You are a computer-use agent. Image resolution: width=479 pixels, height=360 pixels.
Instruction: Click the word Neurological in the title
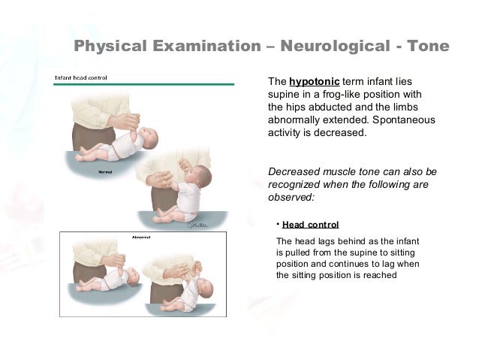(x=335, y=47)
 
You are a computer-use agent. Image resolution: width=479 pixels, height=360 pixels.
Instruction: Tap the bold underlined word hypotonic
(x=315, y=81)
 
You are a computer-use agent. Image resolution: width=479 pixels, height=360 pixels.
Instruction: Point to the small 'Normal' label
(x=106, y=171)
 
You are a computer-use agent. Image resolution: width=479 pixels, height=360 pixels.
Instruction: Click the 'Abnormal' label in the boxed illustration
(x=141, y=237)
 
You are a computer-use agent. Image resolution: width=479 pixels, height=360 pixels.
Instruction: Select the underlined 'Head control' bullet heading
(x=310, y=225)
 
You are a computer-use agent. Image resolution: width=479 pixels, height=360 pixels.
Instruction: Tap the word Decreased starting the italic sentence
(x=295, y=171)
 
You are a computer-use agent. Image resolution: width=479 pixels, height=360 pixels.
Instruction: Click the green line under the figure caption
(x=150, y=83)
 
